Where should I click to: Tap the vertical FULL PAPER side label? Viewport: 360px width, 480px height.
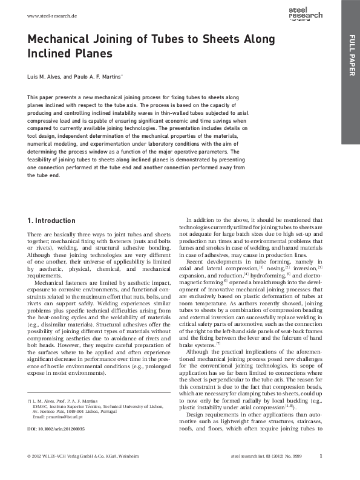(x=350, y=57)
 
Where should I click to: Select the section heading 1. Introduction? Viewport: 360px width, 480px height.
(x=51, y=221)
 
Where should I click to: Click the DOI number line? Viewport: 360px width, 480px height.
(x=56, y=429)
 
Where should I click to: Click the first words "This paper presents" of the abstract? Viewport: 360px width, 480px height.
(x=50, y=97)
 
